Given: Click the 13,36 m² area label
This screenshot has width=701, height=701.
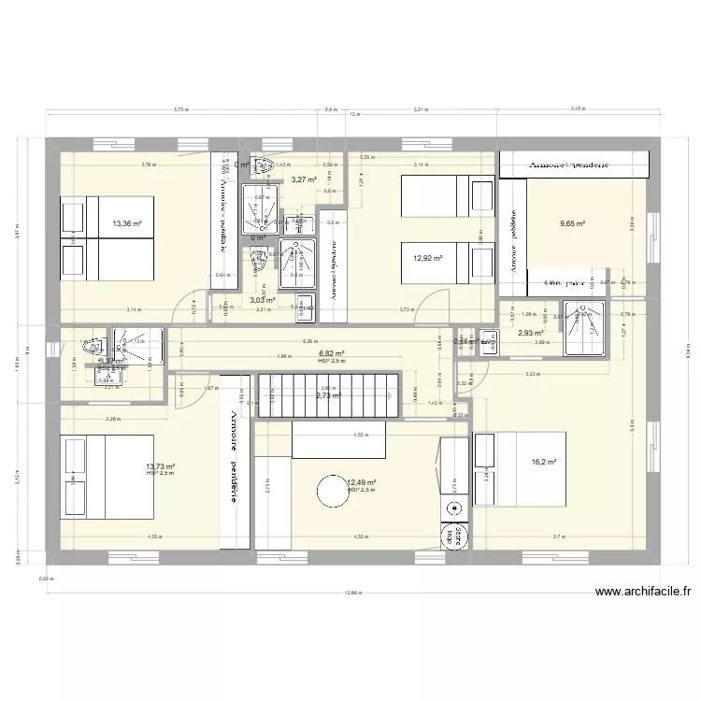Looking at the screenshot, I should (126, 223).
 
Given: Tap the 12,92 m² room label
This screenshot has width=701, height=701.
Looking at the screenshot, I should (426, 259).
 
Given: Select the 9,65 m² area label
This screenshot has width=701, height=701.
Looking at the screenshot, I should (572, 223).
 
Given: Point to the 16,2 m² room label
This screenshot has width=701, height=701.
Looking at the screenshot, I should (543, 462).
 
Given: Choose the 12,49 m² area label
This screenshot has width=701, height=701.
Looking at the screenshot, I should (361, 482).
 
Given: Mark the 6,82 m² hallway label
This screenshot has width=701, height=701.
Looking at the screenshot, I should (332, 353).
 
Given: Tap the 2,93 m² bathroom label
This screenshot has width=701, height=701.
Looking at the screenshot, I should (531, 332).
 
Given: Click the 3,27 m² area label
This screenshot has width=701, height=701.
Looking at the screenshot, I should (303, 179).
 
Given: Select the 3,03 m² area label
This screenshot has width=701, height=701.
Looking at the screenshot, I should (263, 300).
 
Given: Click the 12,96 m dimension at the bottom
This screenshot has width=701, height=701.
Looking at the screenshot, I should (350, 592).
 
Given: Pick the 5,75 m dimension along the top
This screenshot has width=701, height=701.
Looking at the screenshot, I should (179, 109).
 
